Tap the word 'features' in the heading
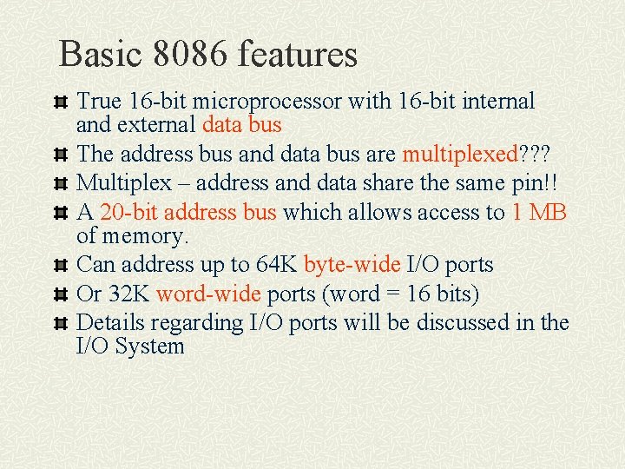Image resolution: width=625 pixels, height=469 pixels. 298,54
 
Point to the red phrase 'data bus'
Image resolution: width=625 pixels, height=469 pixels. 241,125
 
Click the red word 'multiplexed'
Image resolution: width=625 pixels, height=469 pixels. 459,155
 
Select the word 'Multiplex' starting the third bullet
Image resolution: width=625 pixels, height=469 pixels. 124,183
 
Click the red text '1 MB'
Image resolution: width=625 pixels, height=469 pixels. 539,213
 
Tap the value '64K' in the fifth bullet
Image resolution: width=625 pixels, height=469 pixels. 276,265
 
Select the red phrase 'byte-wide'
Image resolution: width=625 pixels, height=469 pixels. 352,265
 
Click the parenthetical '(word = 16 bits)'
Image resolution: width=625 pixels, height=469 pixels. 400,294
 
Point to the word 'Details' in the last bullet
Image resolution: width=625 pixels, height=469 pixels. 111,323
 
